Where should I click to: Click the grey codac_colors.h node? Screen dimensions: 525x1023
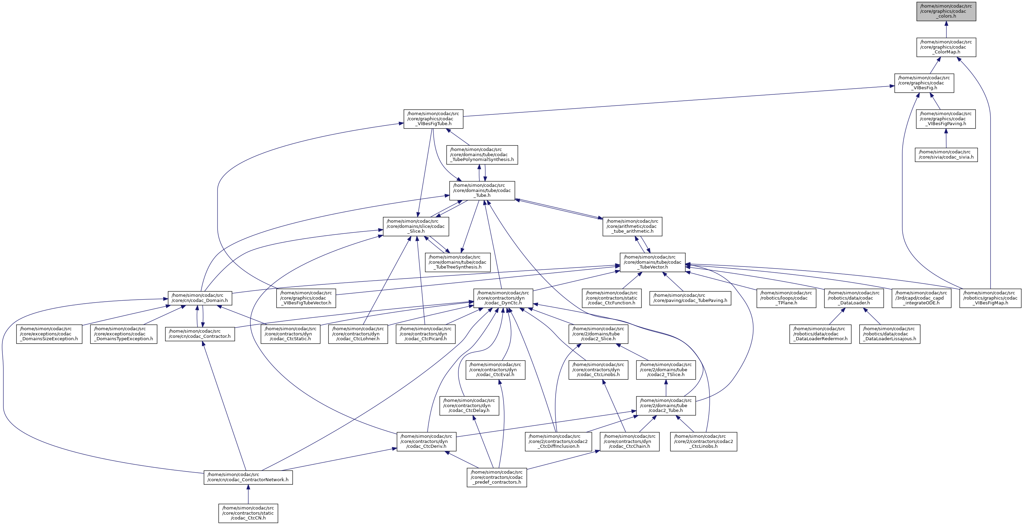[946, 11]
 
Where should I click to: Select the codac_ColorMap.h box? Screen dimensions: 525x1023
[946, 47]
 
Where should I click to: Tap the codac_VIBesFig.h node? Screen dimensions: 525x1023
[924, 83]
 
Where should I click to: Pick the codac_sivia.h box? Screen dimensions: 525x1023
[946, 154]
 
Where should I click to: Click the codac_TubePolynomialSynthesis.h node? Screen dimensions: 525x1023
[482, 154]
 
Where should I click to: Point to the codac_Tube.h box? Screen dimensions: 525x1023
[482, 191]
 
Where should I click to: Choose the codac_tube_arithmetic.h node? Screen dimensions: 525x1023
[632, 226]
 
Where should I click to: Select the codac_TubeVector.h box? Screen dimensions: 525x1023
[652, 262]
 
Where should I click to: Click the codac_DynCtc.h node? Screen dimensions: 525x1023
[503, 298]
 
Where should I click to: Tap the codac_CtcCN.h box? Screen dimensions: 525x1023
[248, 513]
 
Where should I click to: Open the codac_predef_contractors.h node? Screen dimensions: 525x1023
[496, 477]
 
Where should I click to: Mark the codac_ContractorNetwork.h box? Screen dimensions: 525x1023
[248, 477]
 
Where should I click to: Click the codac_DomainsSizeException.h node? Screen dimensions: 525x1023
[49, 334]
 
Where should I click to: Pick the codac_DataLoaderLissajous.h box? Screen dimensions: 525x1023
[890, 334]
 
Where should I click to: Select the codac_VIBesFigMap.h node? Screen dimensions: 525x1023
[990, 298]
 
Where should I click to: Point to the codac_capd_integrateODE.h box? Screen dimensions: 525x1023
[921, 298]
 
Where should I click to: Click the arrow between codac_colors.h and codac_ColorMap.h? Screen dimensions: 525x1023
[946, 29]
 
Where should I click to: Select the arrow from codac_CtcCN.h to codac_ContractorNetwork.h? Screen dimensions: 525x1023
[248, 495]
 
